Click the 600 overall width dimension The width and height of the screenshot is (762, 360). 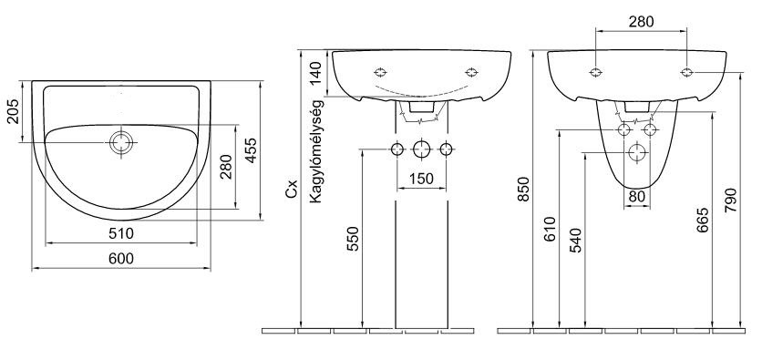(121, 259)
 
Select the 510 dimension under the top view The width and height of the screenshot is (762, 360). (121, 233)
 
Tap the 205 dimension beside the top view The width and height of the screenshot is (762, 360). (13, 111)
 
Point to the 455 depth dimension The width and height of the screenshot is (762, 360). (251, 150)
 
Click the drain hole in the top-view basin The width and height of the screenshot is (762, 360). (121, 142)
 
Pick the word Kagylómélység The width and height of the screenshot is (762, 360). (316, 151)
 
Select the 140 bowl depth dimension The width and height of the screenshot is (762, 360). (316, 73)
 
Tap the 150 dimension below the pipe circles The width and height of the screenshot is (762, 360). (421, 179)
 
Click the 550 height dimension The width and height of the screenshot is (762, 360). (353, 239)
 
